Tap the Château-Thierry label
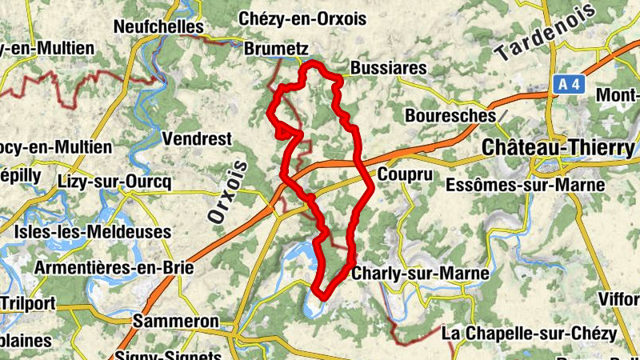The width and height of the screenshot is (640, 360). coord(559,148)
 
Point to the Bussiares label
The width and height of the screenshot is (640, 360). coord(389,68)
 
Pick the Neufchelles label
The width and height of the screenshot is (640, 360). coord(159,26)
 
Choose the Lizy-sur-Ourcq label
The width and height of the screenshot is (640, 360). coord(115,182)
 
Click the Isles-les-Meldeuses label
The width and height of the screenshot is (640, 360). coord(93,232)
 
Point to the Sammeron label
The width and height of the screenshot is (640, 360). coord(176,321)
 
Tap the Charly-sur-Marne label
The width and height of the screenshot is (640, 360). coord(419,274)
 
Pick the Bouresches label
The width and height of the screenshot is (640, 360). coord(450,115)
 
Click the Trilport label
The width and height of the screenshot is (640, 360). coord(28,302)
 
